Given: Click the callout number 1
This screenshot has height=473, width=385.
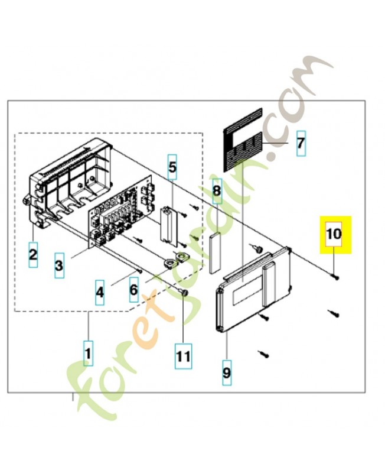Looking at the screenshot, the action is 88,353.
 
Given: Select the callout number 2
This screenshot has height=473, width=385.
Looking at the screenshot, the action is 33,254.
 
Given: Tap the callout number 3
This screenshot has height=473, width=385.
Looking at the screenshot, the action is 59,265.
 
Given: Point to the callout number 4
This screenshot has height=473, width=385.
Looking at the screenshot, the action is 100,292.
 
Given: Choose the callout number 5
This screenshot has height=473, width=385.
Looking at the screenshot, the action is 172,167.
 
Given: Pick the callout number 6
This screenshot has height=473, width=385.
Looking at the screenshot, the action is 134,290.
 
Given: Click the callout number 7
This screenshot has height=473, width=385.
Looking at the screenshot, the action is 301,143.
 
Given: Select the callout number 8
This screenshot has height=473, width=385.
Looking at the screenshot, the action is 217,190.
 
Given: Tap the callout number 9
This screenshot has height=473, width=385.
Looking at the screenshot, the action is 227,372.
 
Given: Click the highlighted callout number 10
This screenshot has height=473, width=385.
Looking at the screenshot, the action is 334,234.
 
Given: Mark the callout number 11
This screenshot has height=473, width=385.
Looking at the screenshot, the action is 183,356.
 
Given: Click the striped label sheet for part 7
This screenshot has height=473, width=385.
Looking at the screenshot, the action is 243,140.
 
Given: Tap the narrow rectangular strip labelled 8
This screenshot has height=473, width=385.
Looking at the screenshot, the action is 215,253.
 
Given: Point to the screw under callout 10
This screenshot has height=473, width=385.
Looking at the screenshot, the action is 335,277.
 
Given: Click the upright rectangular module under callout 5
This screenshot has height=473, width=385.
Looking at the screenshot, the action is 168,224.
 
